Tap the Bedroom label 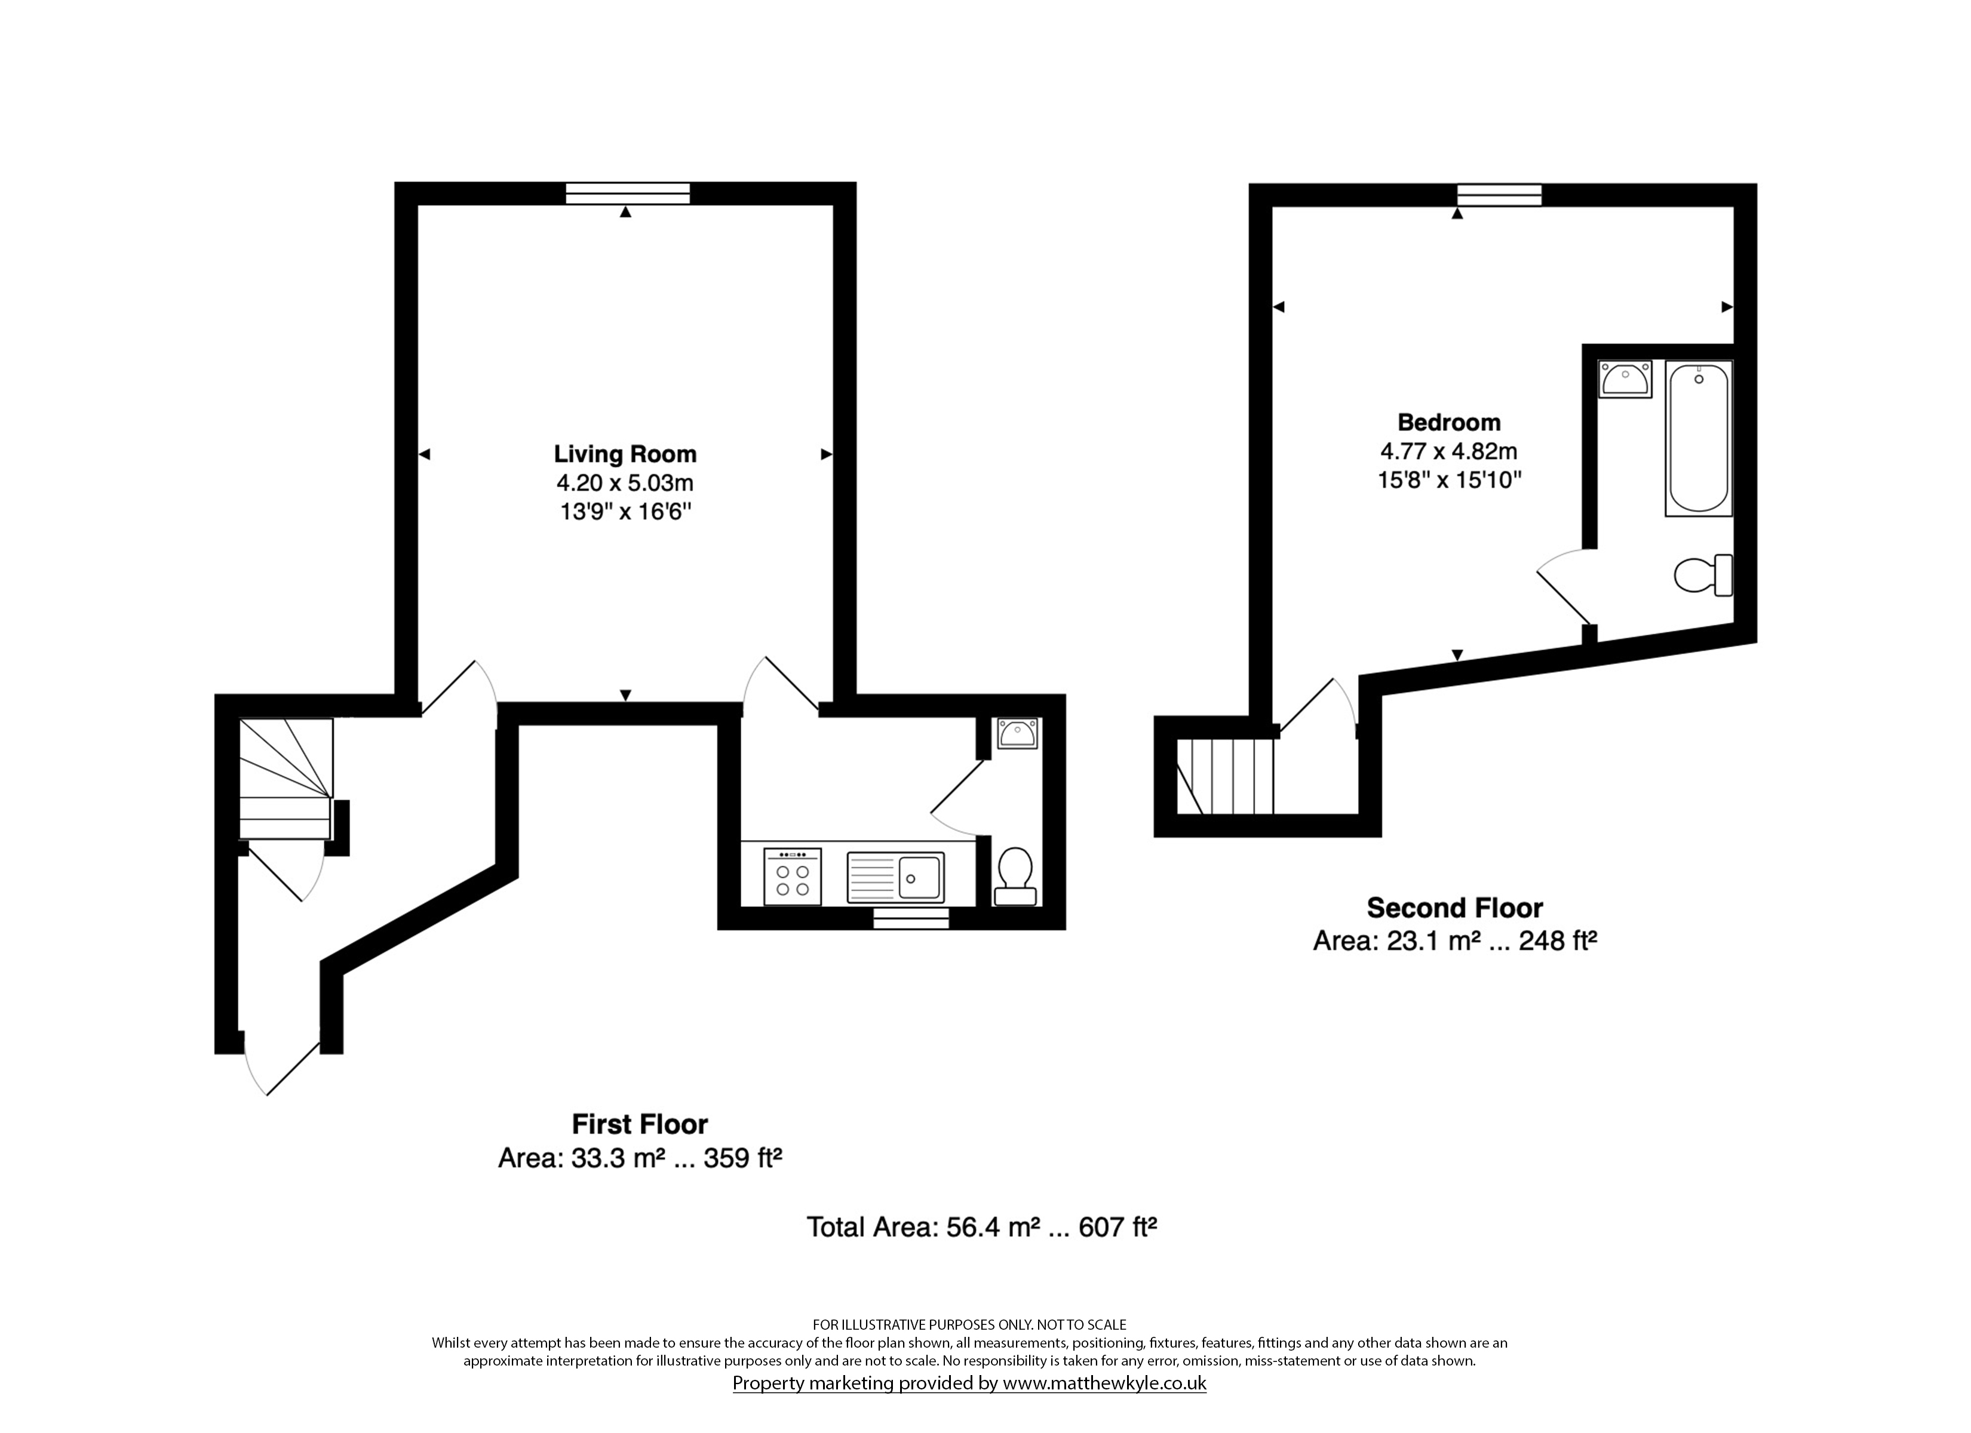pyautogui.click(x=1449, y=422)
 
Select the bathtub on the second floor pyautogui.click(x=1698, y=439)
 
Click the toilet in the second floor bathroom pyautogui.click(x=1703, y=575)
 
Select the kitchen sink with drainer pyautogui.click(x=895, y=876)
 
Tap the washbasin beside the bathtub pyautogui.click(x=1625, y=379)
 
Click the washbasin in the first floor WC pyautogui.click(x=1016, y=733)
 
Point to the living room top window pyautogui.click(x=628, y=193)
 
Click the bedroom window pyautogui.click(x=1499, y=195)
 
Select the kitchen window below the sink pyautogui.click(x=911, y=918)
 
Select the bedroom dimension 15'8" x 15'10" pyautogui.click(x=1450, y=479)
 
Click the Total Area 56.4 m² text pyautogui.click(x=924, y=1227)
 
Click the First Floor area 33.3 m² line pyautogui.click(x=640, y=1158)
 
